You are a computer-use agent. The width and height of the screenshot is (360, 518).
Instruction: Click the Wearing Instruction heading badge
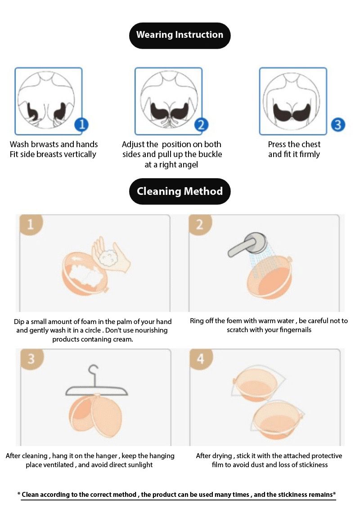[x=180, y=35]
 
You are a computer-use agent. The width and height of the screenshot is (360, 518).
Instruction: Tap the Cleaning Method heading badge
[x=180, y=191]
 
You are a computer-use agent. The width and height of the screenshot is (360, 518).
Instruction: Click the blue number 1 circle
[x=81, y=124]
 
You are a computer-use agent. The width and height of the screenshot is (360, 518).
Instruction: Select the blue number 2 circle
[x=201, y=124]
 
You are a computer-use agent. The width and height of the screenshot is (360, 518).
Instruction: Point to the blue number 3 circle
[x=337, y=124]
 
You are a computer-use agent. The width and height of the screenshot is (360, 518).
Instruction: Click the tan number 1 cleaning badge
[x=31, y=224]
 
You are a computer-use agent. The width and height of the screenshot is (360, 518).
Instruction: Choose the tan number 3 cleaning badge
[x=31, y=359]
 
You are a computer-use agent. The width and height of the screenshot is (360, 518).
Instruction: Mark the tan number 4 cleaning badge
[x=200, y=359]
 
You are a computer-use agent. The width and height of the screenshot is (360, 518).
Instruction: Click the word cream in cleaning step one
[x=122, y=339]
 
